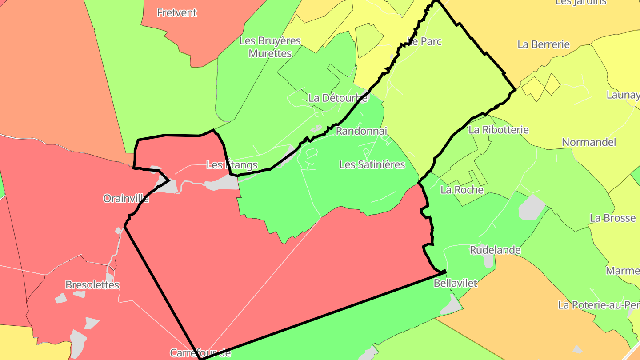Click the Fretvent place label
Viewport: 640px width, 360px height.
[177, 12]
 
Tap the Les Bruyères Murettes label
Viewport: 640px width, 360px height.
[270, 47]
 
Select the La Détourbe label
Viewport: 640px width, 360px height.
[338, 98]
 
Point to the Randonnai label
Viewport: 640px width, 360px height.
[361, 131]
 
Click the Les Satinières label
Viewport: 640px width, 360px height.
[372, 164]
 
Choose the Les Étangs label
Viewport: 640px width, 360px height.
[232, 165]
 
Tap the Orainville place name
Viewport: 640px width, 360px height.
[126, 198]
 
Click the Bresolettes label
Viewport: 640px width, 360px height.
[92, 284]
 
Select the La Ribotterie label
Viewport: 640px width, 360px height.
[499, 130]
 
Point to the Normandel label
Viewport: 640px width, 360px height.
[589, 142]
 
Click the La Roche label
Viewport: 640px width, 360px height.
[462, 190]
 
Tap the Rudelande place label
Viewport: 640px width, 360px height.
[495, 250]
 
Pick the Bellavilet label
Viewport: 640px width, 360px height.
[455, 283]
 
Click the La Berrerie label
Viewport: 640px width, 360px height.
[544, 44]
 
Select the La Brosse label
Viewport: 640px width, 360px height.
[612, 218]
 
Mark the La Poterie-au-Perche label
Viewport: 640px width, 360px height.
[598, 305]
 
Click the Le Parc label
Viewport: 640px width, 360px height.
[425, 41]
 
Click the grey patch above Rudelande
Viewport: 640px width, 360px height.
[532, 207]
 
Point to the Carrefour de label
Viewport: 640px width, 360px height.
[200, 353]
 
